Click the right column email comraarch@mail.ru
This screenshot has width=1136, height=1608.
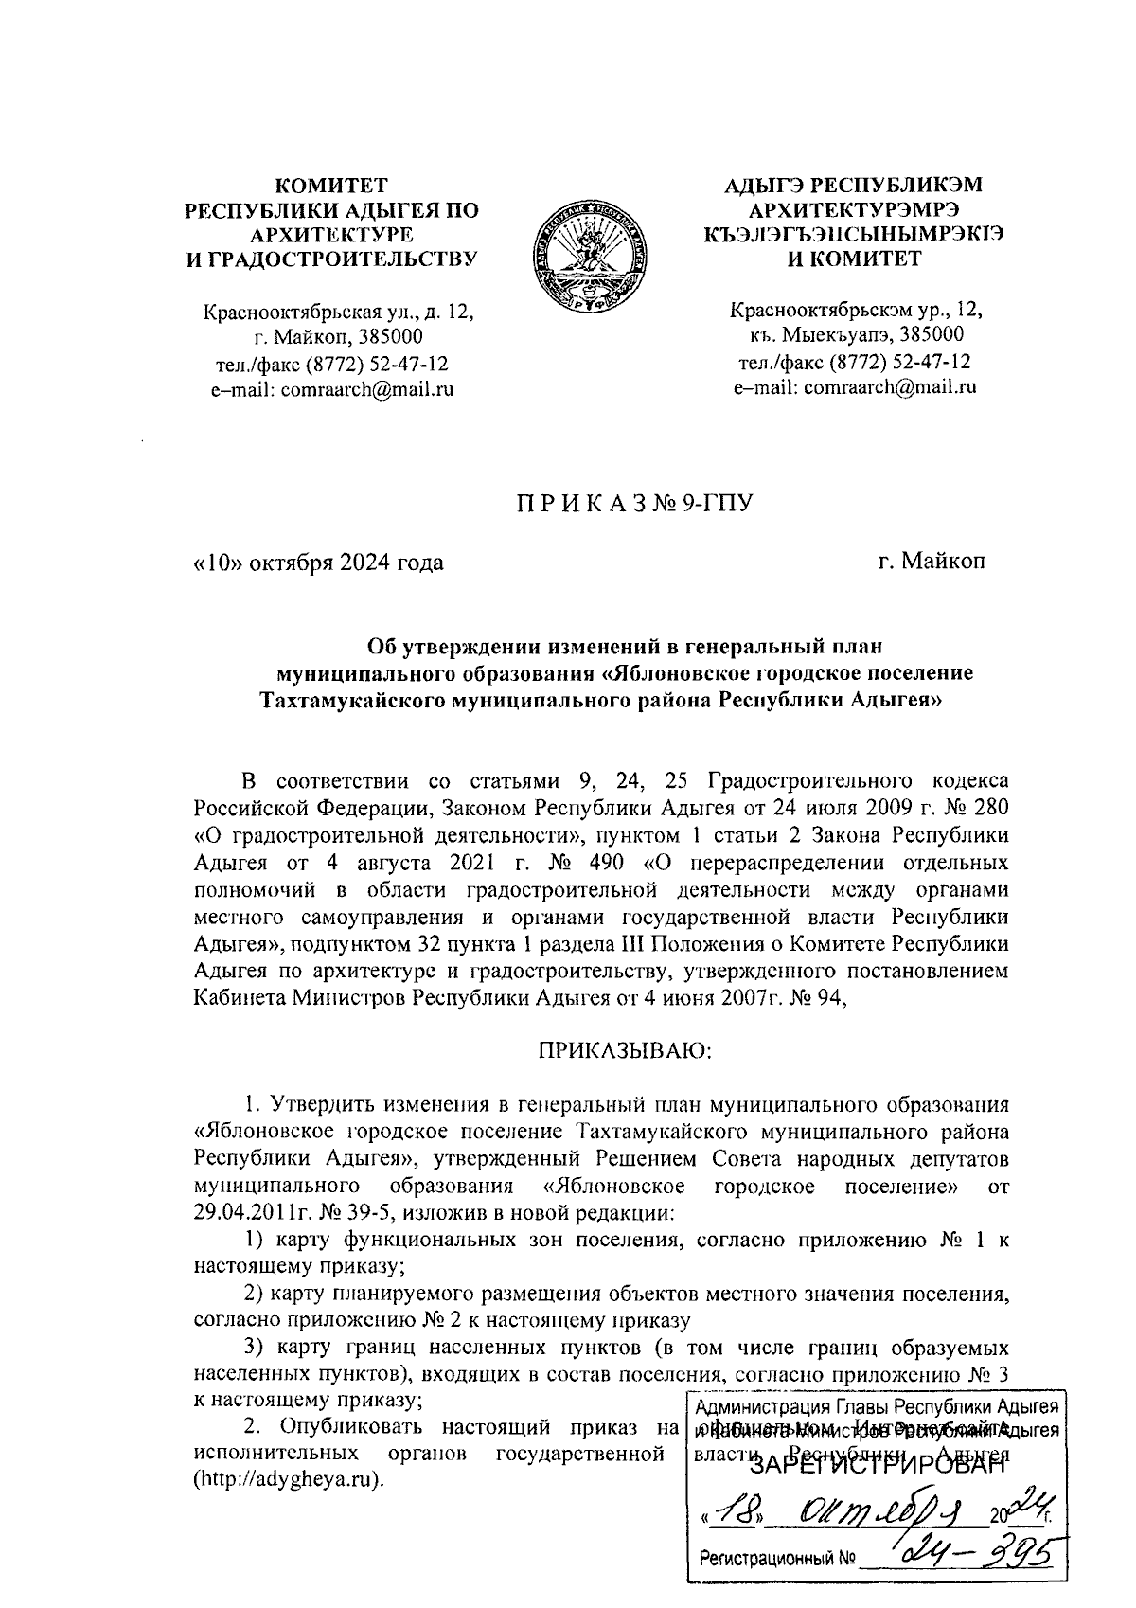888,386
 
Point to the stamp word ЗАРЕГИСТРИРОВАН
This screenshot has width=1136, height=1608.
876,1467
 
